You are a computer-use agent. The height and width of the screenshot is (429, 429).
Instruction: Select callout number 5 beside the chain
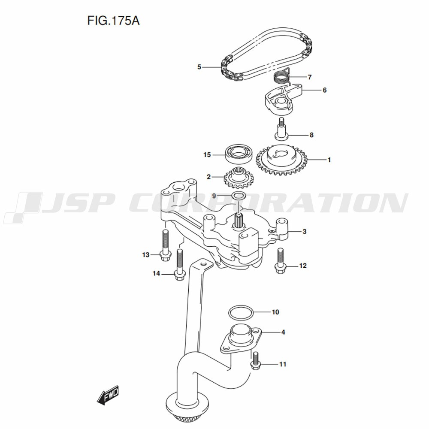point(199,67)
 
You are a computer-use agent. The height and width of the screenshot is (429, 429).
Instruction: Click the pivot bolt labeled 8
point(282,128)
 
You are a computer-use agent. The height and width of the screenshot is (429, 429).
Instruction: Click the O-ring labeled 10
point(240,312)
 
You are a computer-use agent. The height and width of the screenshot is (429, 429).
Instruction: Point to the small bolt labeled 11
point(256,360)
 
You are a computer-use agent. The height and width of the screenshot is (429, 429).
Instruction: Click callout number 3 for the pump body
point(304,232)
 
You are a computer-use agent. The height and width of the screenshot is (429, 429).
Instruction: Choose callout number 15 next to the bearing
point(207,154)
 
